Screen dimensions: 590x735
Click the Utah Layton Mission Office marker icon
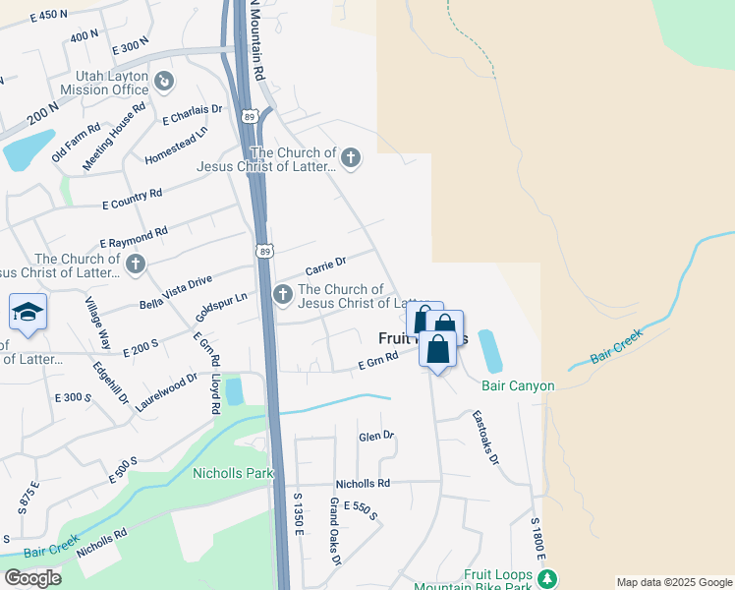click(164, 81)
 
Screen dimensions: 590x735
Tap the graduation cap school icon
click(28, 314)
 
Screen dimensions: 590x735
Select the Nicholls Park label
click(232, 474)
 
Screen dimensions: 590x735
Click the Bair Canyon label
click(519, 385)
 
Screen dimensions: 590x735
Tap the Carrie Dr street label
click(326, 266)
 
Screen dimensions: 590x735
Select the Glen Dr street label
click(375, 436)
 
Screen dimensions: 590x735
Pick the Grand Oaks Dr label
click(334, 532)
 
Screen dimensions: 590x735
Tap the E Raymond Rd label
click(134, 237)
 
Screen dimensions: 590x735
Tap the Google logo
click(32, 578)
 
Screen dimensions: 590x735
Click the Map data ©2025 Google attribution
click(673, 582)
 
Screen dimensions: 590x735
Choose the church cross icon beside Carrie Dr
click(283, 293)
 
